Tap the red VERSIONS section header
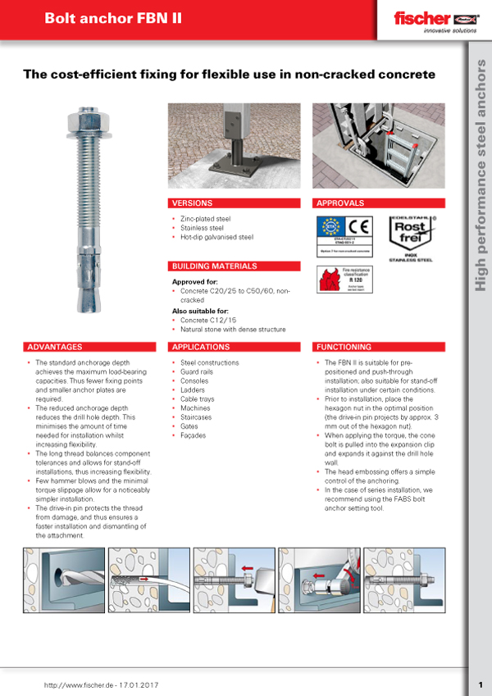pos(192,202)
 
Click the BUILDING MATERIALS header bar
pos(213,266)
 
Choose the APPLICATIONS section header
pos(201,347)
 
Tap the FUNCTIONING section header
pos(344,347)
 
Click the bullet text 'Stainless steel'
pos(203,228)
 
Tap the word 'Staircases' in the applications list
pos(199,417)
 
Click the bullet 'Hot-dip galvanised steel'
pos(217,237)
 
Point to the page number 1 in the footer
pos(480,685)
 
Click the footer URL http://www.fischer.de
pos(80,685)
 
